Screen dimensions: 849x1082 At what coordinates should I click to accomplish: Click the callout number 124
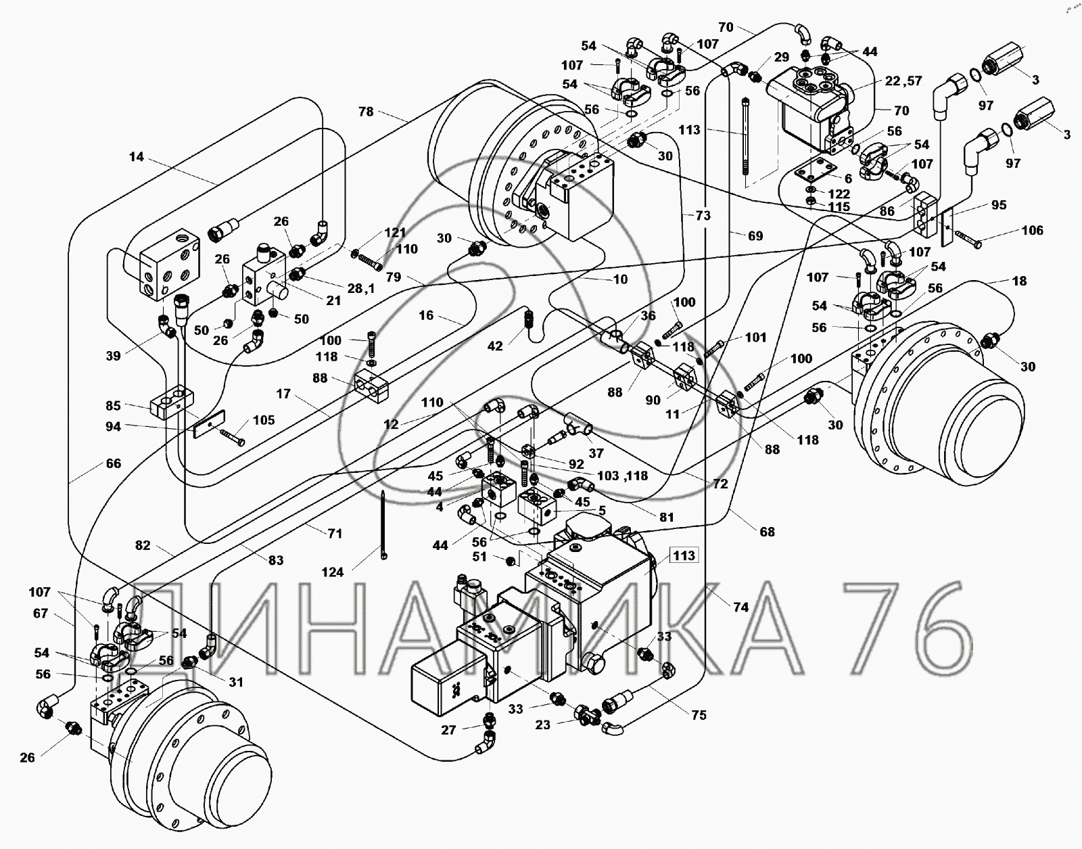pos(332,572)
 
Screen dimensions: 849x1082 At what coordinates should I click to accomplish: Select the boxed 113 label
pos(684,555)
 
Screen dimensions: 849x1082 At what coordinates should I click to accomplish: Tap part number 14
pos(137,157)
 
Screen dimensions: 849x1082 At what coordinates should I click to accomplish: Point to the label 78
pos(366,112)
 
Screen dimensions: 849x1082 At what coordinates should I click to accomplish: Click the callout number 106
pos(1032,231)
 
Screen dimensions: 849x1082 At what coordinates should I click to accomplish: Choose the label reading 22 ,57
pos(903,81)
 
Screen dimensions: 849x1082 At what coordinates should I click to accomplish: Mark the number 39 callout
pos(113,356)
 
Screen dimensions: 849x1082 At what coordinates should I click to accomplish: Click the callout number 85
pos(113,406)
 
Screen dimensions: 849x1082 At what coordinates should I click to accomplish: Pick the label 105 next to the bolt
pos(264,420)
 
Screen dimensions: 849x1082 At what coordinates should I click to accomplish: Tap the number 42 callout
pos(495,346)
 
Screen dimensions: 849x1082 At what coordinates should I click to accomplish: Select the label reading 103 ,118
pos(621,476)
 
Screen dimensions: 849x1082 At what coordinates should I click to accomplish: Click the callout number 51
pos(479,557)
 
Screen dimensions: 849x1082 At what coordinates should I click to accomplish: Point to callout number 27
pos(449,730)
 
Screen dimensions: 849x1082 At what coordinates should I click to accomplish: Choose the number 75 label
pos(699,715)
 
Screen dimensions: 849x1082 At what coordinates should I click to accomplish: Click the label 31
pos(235,683)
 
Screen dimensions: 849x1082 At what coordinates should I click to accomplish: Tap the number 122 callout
pos(839,194)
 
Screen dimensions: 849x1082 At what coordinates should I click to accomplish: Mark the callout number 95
pos(999,205)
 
